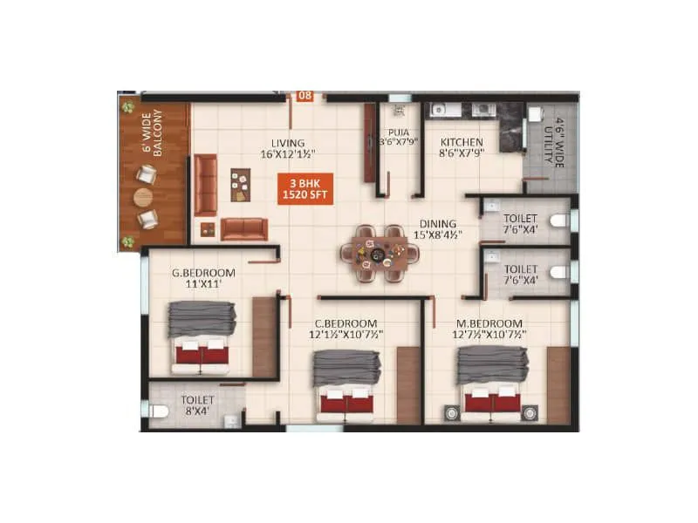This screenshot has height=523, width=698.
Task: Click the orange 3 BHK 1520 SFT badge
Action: coord(305,188)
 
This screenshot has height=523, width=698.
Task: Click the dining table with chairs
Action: coord(380,254)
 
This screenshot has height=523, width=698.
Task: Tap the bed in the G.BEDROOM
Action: coord(202,336)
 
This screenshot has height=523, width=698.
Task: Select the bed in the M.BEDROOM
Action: coord(492,382)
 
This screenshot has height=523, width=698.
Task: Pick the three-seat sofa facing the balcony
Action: coord(206,185)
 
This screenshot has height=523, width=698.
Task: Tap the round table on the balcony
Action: coord(143,197)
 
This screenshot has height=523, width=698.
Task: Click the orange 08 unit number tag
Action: coord(305,96)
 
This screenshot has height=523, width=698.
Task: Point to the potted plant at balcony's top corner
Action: coord(128,107)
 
